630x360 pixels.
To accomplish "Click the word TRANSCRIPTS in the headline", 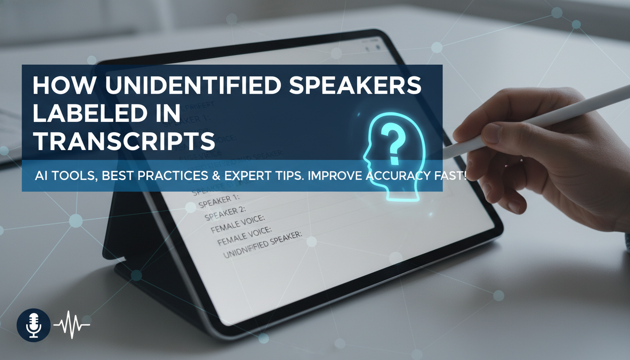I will point(124,140).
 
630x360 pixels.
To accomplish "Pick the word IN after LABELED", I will point(168,114).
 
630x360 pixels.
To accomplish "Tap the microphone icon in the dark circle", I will point(33,323).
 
